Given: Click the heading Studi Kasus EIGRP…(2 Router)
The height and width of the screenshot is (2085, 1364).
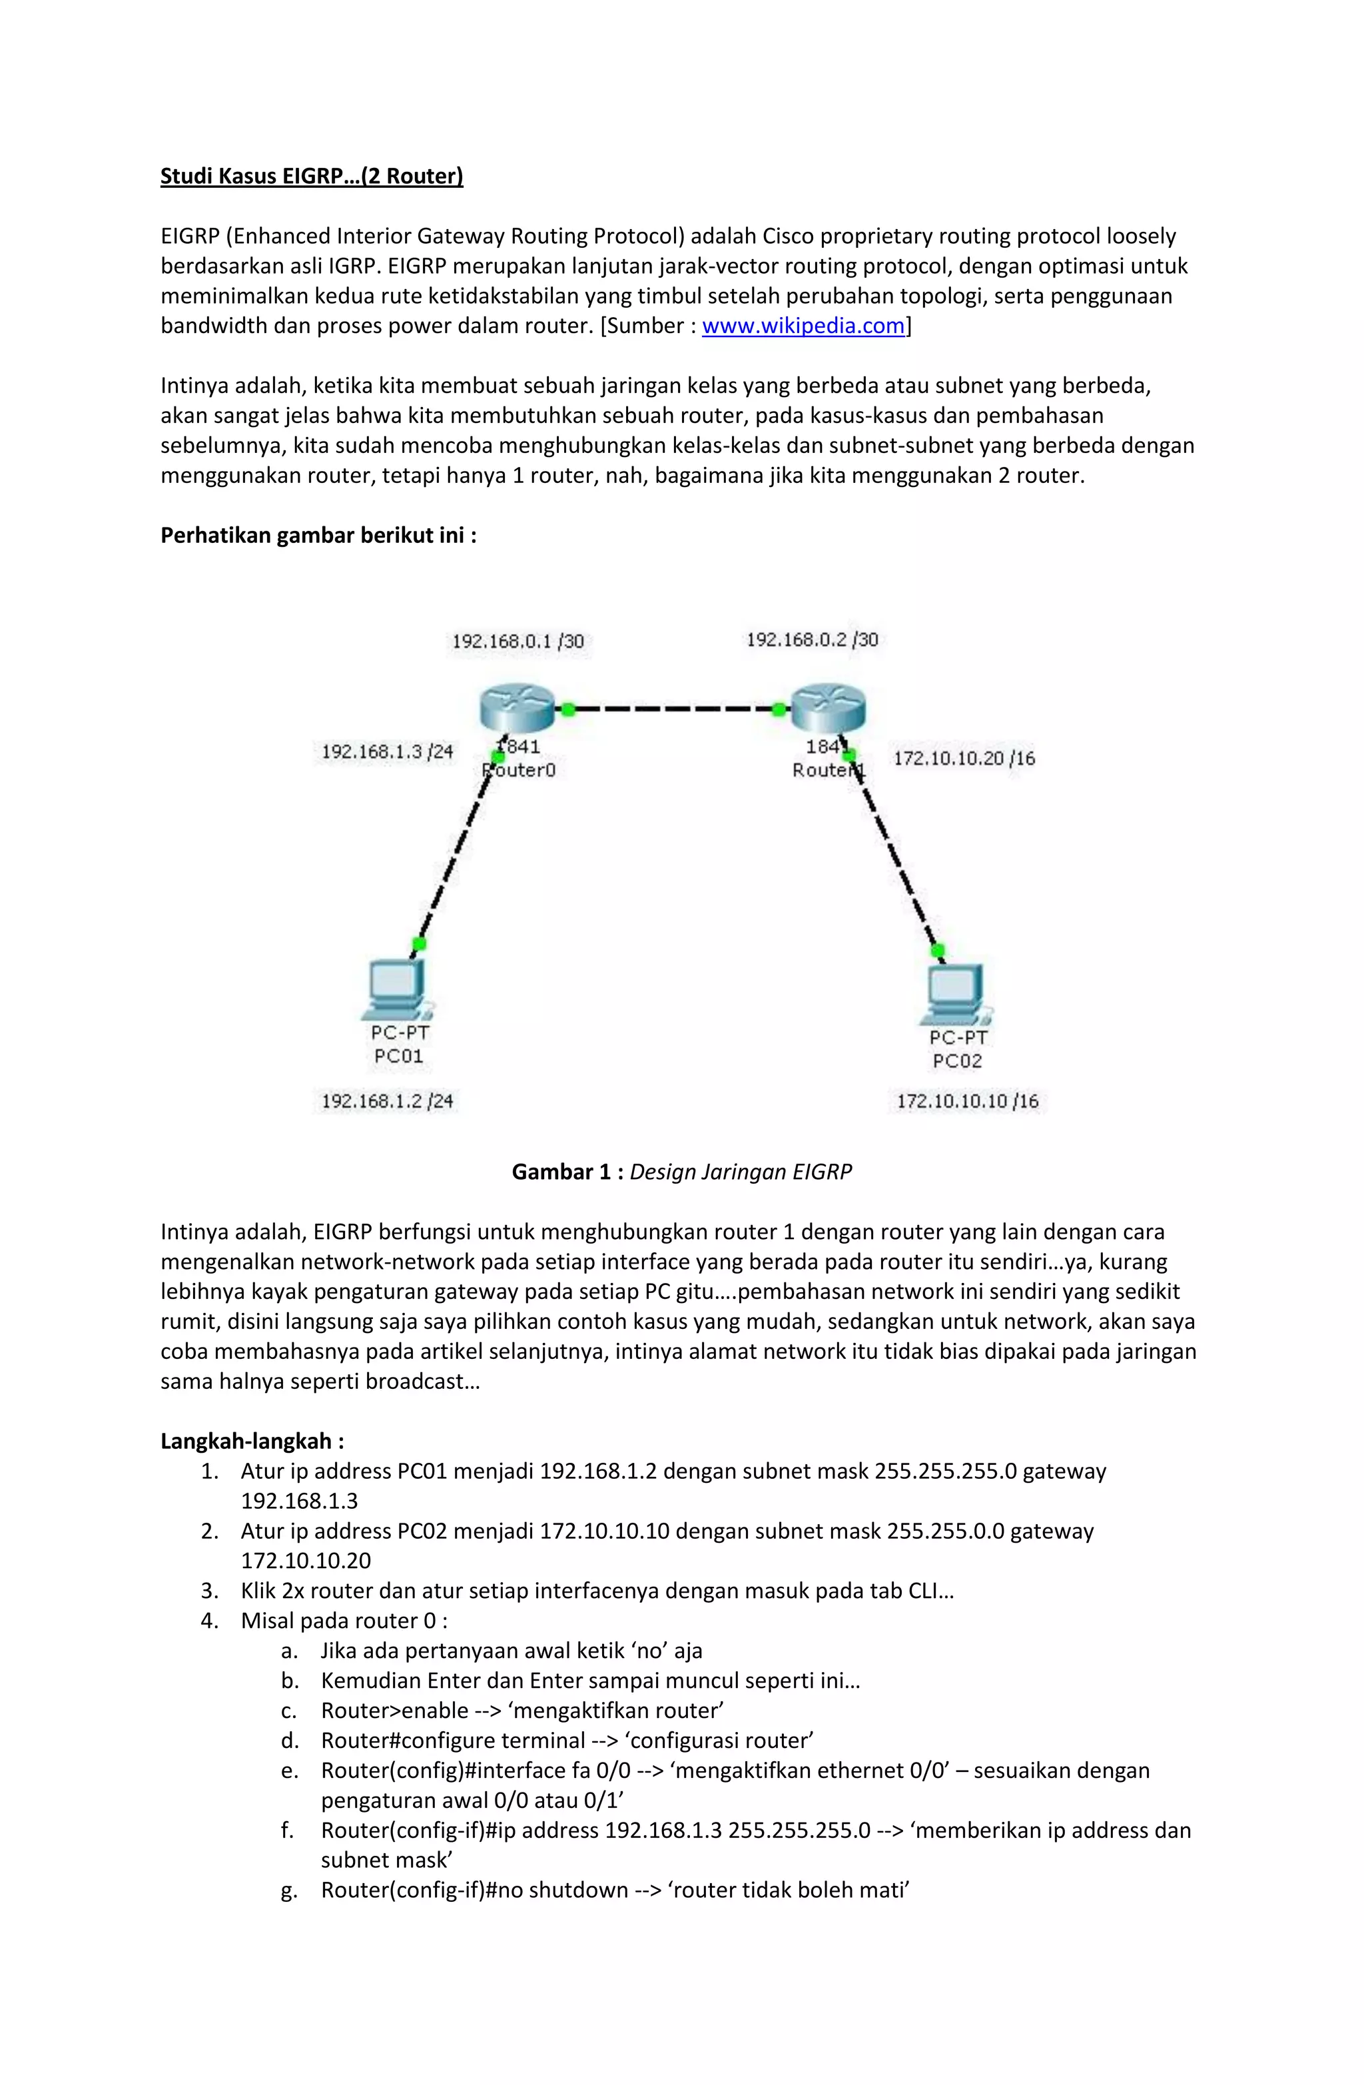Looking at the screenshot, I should tap(311, 176).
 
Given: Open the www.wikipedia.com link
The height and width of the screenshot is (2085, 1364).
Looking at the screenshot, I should tap(803, 326).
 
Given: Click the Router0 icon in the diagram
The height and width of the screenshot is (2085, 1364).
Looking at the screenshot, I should tap(517, 708).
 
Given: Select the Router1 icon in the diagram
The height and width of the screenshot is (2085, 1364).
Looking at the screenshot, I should tap(828, 708).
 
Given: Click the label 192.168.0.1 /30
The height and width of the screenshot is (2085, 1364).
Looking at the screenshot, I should tap(517, 641).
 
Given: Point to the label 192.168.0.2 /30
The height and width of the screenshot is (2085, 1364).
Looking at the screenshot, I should tap(811, 639).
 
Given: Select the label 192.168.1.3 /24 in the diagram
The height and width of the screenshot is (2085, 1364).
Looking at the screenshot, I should tap(386, 751).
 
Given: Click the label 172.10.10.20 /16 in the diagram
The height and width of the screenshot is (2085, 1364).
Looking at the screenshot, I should tap(964, 759).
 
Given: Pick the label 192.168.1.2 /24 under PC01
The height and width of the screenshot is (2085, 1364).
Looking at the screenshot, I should tap(386, 1101).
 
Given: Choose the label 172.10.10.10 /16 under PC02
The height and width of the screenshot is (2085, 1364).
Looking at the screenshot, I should tap(967, 1101).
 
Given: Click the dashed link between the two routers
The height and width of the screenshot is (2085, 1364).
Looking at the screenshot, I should tap(673, 709).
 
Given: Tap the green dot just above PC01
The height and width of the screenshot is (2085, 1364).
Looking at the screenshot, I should tap(419, 943).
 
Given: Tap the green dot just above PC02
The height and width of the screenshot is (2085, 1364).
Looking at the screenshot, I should tap(937, 951).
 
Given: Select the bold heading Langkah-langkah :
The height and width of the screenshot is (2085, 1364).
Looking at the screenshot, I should tap(252, 1441).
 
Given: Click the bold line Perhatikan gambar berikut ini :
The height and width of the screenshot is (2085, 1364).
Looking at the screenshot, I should tap(318, 536).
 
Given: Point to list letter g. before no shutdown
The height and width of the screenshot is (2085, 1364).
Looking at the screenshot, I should tap(289, 1890).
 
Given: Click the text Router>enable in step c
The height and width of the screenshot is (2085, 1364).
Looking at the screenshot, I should tap(394, 1711).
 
